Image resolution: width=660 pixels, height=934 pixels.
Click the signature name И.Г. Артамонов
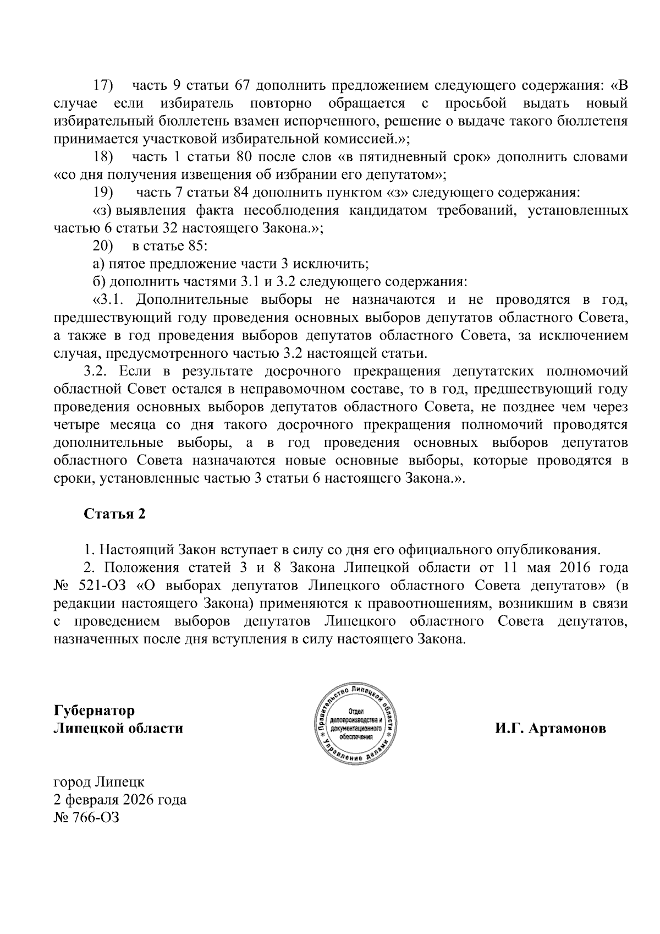click(550, 728)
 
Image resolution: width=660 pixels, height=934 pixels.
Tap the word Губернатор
click(94, 711)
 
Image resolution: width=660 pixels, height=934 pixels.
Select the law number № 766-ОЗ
click(86, 817)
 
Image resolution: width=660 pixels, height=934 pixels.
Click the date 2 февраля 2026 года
click(119, 799)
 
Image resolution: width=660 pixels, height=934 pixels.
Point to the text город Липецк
click(98, 781)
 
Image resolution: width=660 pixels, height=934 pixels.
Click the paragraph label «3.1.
click(109, 299)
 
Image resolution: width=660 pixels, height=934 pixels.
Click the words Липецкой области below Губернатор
click(118, 728)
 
